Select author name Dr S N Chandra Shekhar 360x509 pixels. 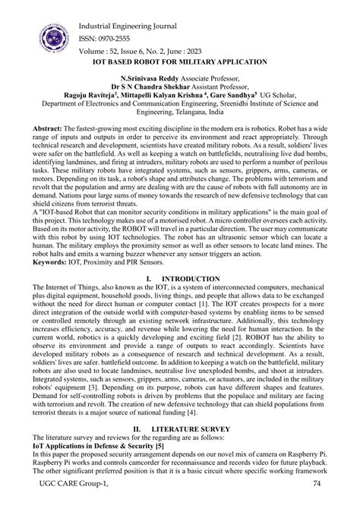pos(154,87)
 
